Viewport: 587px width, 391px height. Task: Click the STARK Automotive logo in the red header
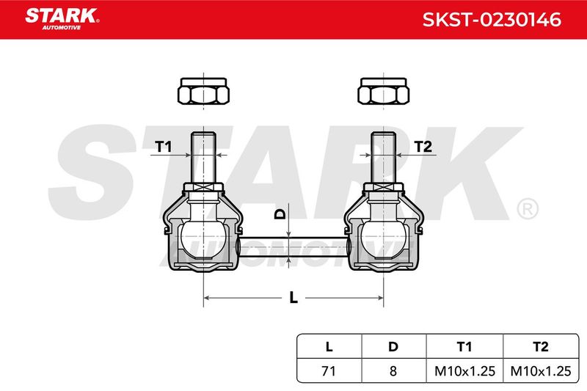click(x=62, y=19)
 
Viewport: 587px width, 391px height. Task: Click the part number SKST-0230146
click(x=492, y=20)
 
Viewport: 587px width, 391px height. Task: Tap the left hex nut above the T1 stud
click(x=203, y=91)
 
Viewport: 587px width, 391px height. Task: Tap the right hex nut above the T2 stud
click(x=383, y=91)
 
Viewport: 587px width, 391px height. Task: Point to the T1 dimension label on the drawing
click(x=163, y=146)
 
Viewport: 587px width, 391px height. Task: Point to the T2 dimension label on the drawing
click(x=423, y=146)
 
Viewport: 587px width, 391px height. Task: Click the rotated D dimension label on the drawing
click(x=280, y=214)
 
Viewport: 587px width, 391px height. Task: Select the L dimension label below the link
click(x=293, y=297)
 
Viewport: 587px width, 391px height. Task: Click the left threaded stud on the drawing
click(x=203, y=158)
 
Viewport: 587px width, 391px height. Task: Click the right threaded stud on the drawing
click(x=383, y=158)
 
